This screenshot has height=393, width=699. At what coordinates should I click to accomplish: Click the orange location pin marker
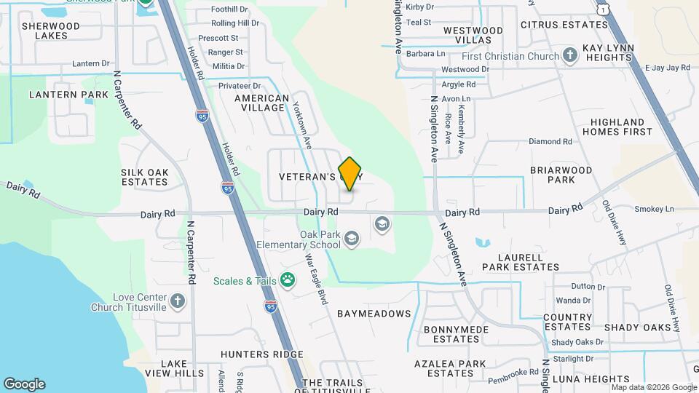click(350, 174)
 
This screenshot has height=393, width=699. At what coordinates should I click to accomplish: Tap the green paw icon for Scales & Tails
click(288, 280)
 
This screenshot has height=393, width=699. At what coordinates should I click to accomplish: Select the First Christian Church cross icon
click(570, 55)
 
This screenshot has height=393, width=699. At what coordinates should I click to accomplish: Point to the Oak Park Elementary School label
click(320, 240)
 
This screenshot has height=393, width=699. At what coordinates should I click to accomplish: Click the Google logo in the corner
click(24, 384)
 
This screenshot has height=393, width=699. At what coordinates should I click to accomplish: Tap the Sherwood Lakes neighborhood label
click(45, 31)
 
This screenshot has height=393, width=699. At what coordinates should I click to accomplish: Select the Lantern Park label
click(68, 95)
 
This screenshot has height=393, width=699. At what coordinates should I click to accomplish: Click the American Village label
click(261, 103)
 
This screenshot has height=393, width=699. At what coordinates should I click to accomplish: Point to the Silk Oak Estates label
click(145, 177)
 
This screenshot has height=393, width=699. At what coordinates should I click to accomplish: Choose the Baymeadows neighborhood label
click(374, 314)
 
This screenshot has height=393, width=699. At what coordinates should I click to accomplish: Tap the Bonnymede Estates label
click(451, 334)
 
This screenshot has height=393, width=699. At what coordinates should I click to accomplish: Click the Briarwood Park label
click(561, 175)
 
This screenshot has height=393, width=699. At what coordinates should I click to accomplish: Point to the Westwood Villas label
click(473, 35)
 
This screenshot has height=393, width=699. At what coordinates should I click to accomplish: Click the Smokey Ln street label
click(654, 209)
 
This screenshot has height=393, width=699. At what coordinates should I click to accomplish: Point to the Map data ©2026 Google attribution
click(654, 387)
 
